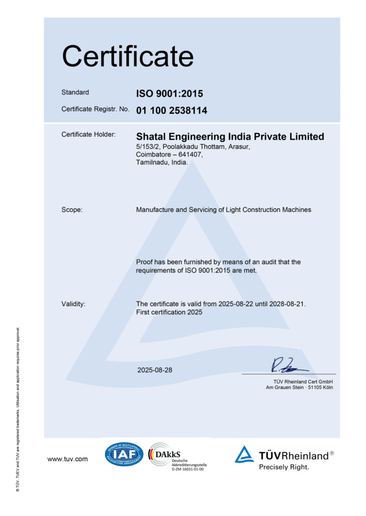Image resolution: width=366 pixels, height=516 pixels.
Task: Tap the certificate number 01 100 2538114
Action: tap(172, 110)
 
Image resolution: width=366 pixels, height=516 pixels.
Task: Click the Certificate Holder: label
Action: tap(89, 135)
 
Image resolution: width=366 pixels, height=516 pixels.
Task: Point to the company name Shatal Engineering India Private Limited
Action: tap(230, 137)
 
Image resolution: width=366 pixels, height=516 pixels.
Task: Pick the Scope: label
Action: tap(72, 210)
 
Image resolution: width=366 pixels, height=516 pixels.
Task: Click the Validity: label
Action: tap(74, 304)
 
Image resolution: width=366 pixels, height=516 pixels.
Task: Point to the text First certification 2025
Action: tap(169, 312)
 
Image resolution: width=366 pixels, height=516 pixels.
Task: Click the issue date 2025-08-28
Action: tap(155, 370)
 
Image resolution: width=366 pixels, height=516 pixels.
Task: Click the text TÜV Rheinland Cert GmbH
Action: tap(300, 381)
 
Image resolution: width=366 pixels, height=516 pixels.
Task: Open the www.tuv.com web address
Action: tap(67, 459)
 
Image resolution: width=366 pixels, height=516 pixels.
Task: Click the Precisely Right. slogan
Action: tap(284, 467)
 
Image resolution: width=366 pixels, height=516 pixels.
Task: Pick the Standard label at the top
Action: tap(75, 92)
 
